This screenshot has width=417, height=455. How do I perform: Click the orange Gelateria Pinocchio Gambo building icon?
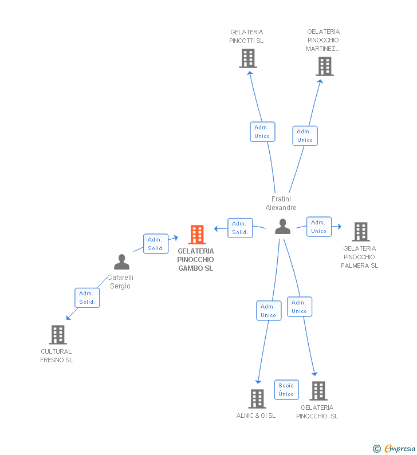click(197, 235)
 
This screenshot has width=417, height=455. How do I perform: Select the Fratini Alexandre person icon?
click(282, 227)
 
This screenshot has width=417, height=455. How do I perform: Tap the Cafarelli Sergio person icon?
click(121, 262)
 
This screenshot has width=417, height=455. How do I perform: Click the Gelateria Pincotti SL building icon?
click(247, 58)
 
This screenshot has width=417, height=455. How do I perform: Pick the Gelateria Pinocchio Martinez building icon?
click(324, 66)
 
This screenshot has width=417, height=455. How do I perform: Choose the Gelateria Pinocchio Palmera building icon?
click(360, 232)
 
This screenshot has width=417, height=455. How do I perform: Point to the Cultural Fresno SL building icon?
click(57, 335)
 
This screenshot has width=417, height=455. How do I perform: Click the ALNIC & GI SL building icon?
click(257, 399)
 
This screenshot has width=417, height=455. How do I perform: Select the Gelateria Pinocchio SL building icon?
click(318, 391)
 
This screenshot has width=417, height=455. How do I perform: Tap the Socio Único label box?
click(286, 390)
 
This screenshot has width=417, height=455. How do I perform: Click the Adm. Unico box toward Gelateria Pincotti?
click(262, 132)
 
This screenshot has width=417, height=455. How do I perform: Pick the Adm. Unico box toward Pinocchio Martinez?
click(305, 136)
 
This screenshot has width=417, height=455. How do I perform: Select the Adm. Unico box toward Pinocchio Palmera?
click(319, 227)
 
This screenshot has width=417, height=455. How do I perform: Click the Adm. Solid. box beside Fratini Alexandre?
click(240, 228)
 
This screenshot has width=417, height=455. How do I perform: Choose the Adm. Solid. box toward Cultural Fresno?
click(87, 298)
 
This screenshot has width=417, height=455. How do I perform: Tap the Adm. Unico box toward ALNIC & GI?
click(269, 311)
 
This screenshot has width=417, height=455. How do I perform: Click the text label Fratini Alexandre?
click(281, 203)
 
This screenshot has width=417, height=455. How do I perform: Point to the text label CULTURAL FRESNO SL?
click(56, 356)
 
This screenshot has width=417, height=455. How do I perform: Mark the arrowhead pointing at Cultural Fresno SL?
click(68, 318)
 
